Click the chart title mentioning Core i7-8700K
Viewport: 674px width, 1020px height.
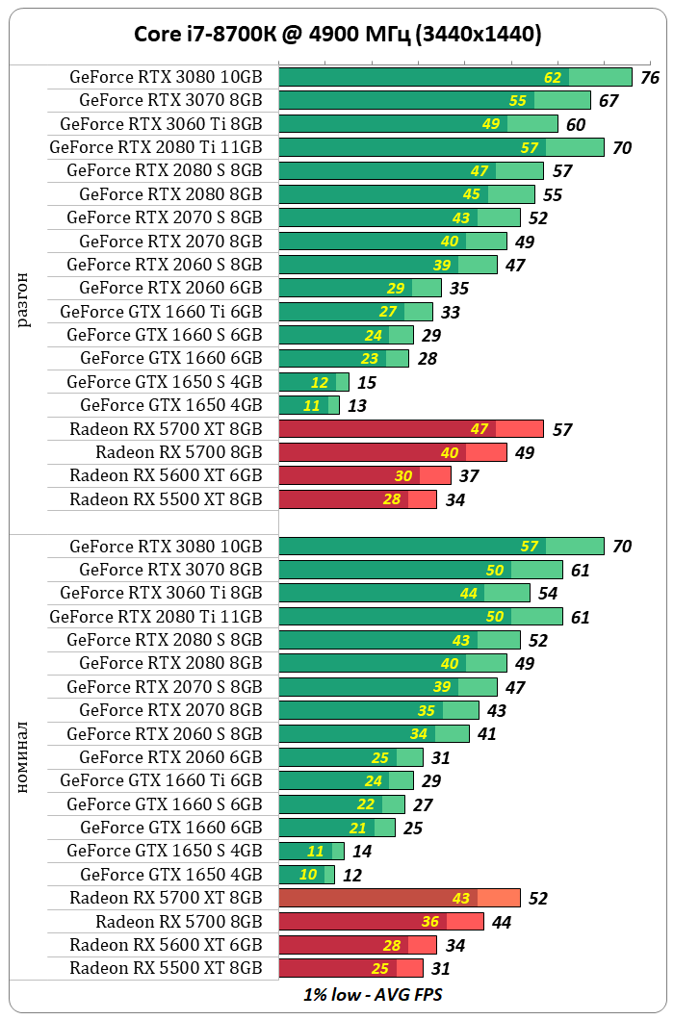(337, 36)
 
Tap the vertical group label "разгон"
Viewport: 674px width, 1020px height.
(23, 300)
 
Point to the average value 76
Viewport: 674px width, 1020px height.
(649, 78)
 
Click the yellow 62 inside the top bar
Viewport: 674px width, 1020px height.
(553, 78)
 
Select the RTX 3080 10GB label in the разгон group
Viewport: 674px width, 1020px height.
(166, 77)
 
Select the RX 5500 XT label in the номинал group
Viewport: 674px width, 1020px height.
(166, 968)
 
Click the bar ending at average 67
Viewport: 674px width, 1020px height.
(433, 100)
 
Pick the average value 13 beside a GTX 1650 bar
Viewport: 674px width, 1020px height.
(357, 406)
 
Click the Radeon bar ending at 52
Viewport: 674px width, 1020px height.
(399, 898)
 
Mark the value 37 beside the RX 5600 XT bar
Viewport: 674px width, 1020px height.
(469, 476)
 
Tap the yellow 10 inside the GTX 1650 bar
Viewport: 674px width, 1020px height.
(308, 875)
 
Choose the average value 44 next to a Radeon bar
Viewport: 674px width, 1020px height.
(501, 922)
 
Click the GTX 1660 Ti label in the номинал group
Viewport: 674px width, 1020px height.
(161, 780)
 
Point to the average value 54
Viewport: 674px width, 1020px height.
(548, 594)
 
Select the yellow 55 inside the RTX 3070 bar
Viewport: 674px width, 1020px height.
(518, 101)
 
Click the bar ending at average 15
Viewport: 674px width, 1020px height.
(313, 382)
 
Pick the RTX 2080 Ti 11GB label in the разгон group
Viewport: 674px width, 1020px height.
(156, 147)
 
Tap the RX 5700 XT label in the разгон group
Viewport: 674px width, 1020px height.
(166, 428)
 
